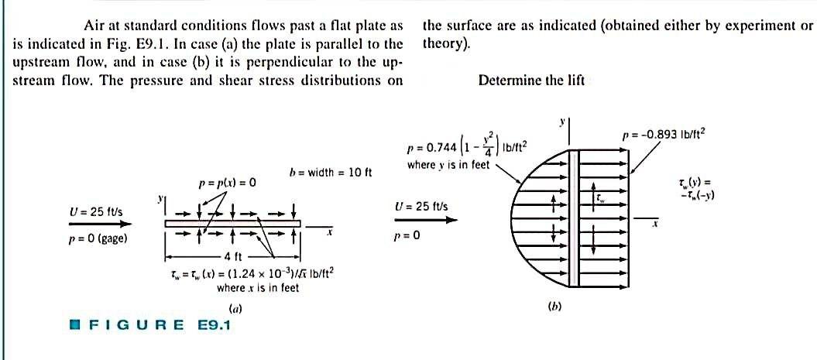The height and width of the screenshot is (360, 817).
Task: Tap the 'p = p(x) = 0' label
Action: (227, 183)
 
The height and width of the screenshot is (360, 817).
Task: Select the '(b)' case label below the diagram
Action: (554, 306)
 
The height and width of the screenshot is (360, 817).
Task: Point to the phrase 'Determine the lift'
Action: (531, 80)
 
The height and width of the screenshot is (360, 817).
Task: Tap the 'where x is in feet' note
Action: (257, 288)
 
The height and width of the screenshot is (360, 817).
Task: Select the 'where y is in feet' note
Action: (448, 165)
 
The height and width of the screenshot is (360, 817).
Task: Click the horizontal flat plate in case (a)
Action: (232, 223)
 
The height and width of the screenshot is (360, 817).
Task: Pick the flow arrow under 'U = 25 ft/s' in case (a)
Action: (100, 223)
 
